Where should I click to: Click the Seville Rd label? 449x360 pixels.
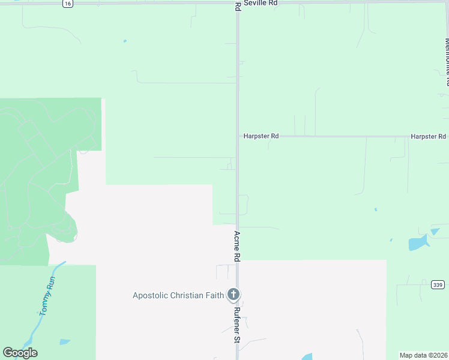tap(265, 3)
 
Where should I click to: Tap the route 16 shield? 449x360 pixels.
tap(67, 4)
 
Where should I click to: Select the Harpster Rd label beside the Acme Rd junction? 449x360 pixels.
tap(261, 136)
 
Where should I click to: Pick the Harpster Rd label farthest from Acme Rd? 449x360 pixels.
tap(428, 137)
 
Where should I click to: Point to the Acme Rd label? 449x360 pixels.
tap(237, 246)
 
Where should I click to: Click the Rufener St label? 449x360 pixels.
tap(237, 325)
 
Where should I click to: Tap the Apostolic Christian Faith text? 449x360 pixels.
tap(178, 295)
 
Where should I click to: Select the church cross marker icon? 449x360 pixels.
tap(234, 295)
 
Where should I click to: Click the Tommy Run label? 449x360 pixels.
tap(47, 299)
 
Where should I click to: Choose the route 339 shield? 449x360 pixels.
tap(437, 284)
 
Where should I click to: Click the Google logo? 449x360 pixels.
tap(20, 353)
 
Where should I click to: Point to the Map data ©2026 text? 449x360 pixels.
tap(423, 355)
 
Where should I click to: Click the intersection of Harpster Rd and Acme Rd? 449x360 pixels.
tap(238, 136)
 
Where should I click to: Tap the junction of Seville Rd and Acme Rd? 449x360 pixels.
tap(238, 3)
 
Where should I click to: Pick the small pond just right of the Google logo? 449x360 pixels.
tap(64, 342)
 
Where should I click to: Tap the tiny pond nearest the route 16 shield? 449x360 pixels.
tap(125, 41)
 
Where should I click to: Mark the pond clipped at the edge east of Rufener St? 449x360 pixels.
tap(307, 356)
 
